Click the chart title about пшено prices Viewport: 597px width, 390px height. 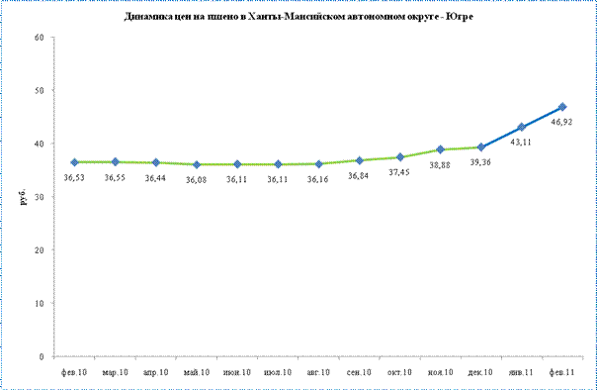[x=298, y=17]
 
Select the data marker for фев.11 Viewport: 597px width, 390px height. [x=562, y=107]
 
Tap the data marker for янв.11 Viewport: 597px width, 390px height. [x=522, y=127]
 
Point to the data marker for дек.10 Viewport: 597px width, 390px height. [x=481, y=147]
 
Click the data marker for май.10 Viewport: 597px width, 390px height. [x=197, y=164]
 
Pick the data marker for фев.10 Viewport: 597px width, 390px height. [x=75, y=162]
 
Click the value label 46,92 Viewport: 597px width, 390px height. [x=561, y=122]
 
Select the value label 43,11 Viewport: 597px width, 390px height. [x=521, y=143]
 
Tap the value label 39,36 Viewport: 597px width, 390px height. [x=480, y=162]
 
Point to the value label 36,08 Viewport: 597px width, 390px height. [x=196, y=179]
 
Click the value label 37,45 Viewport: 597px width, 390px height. [x=399, y=172]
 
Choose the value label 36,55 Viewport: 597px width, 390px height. [x=115, y=177]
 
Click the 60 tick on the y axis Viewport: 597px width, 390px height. [x=40, y=38]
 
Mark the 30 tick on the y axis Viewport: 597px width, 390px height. [x=40, y=197]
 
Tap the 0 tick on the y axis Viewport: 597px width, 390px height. [x=42, y=356]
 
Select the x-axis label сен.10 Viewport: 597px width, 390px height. [x=359, y=372]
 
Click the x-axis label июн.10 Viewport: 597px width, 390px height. [x=237, y=372]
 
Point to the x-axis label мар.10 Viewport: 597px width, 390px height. [x=115, y=372]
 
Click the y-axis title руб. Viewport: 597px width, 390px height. [x=24, y=197]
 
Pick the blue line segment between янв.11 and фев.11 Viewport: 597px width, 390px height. [x=543, y=117]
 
